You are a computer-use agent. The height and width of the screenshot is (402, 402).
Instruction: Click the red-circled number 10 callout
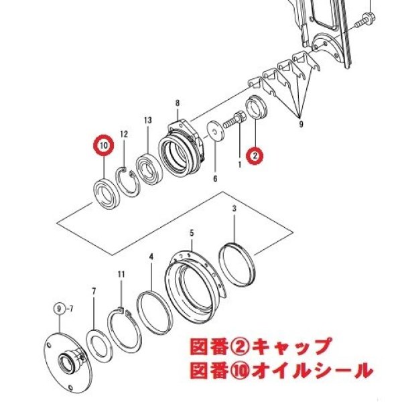pyautogui.click(x=104, y=145)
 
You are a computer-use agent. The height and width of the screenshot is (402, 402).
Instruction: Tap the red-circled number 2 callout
pyautogui.click(x=255, y=155)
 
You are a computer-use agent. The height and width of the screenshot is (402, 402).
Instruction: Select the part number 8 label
pyautogui.click(x=178, y=103)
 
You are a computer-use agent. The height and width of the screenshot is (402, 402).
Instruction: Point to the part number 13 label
pyautogui.click(x=148, y=120)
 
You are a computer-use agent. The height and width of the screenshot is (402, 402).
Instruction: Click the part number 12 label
pyautogui.click(x=124, y=134)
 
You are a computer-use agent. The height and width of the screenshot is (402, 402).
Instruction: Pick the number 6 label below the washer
pyautogui.click(x=215, y=178)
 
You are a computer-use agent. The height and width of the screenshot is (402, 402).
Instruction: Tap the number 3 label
pyautogui.click(x=234, y=208)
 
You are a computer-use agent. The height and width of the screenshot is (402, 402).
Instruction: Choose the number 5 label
pyautogui.click(x=192, y=233)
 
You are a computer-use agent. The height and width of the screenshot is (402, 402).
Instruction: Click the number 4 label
pyautogui.click(x=151, y=257)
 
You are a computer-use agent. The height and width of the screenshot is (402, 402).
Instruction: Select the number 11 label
pyautogui.click(x=121, y=275)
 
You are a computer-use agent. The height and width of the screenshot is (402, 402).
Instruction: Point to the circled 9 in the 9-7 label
pyautogui.click(x=60, y=309)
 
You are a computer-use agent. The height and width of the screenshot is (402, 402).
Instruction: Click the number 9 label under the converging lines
pyautogui.click(x=301, y=125)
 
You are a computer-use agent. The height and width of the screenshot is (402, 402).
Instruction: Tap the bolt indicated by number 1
pyautogui.click(x=234, y=121)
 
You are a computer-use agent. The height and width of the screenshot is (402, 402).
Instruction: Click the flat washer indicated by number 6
pyautogui.click(x=216, y=131)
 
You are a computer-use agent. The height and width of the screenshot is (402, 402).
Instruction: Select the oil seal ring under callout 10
pyautogui.click(x=106, y=194)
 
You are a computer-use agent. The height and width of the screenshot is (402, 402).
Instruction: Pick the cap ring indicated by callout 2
pyautogui.click(x=257, y=107)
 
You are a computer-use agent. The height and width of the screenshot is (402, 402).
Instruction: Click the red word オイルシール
pyautogui.click(x=312, y=370)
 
